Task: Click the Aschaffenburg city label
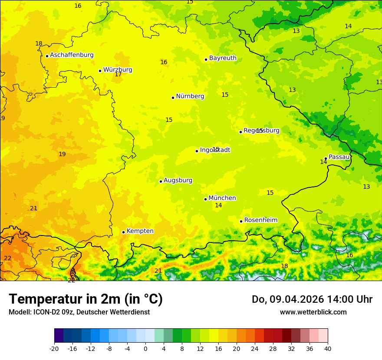point(72,55)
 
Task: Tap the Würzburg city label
point(117,69)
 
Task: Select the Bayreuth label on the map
point(223,58)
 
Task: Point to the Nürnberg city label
point(190,96)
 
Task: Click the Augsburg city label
point(178,180)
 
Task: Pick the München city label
point(222,198)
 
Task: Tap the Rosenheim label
point(260,220)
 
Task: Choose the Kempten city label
point(140,231)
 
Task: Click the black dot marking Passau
point(326,158)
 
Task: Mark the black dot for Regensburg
point(240,132)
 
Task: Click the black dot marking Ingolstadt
point(197,151)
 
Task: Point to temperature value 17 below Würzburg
point(118,75)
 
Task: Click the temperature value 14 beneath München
point(218,206)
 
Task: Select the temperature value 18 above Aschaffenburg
point(39,44)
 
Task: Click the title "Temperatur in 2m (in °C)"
point(86,299)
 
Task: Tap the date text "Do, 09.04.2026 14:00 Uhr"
point(312,299)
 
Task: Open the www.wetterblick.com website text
point(313,312)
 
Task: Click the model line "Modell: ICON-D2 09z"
point(79,312)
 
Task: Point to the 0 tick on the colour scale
point(145,348)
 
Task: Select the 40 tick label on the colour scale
point(327,348)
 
